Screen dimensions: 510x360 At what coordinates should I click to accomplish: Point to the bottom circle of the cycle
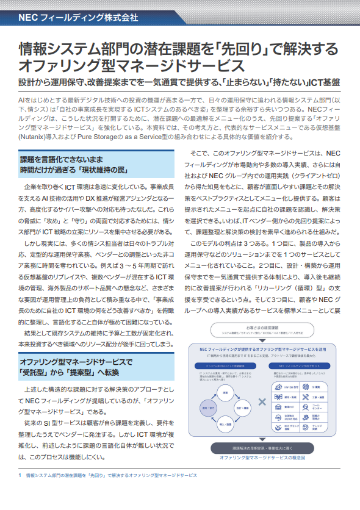pyautogui.click(x=225, y=423)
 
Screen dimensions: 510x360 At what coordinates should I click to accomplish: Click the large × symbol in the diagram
pyautogui.click(x=262, y=401)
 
